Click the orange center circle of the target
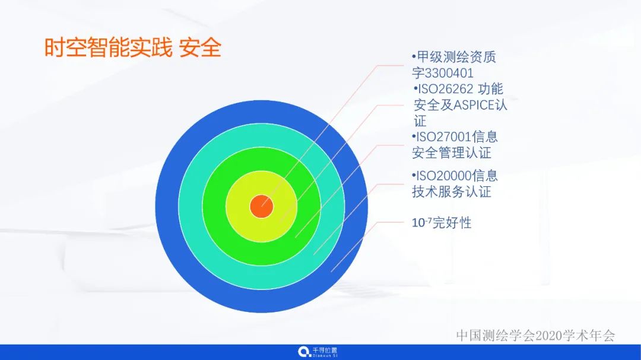tap(261, 206)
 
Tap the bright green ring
tap(214, 206)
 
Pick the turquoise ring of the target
tap(190, 206)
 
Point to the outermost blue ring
tap(167, 206)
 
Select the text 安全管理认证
tap(452, 153)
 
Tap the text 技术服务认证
tap(452, 192)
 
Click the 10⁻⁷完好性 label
tap(442, 223)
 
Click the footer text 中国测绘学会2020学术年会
tap(535, 335)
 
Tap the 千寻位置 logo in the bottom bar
tap(318, 352)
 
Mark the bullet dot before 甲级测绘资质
tap(414, 57)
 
